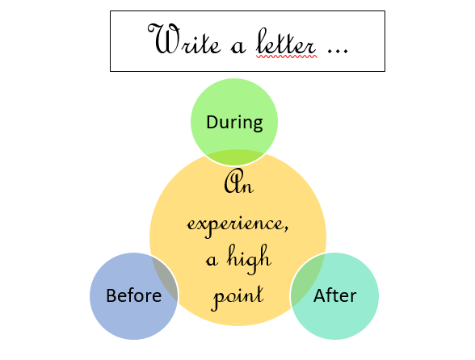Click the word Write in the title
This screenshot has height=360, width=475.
point(184,39)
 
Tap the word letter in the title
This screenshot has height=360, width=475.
point(286,41)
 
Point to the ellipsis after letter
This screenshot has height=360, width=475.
point(338,52)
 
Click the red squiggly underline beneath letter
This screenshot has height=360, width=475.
point(287,57)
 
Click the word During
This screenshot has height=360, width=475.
point(234,123)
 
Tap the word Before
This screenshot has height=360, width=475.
point(133,295)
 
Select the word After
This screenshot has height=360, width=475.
point(334,295)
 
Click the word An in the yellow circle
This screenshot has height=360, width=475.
point(239,182)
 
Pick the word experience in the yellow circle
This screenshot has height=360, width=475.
point(236,225)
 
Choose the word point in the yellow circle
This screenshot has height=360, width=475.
point(237,295)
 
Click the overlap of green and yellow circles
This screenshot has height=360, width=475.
point(235,157)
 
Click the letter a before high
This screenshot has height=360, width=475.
point(212,261)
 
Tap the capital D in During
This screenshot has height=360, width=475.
point(212,122)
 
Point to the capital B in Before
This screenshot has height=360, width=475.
point(111,295)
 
